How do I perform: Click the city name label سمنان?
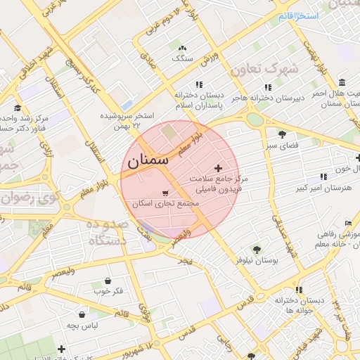coord(148,161)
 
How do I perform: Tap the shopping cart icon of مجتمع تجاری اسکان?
coord(165,192)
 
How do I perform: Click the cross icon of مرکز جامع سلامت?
coord(218,168)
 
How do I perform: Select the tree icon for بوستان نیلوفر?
coord(256,249)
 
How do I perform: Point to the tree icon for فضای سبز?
coord(282,134)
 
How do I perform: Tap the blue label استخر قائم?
coord(298,15)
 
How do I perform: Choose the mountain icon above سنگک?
coord(183,48)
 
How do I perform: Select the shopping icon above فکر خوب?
coord(107,280)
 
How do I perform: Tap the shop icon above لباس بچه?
coord(84,314)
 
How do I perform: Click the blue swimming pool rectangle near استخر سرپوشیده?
coord(127,105)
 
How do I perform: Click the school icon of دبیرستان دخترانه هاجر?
coord(267,87)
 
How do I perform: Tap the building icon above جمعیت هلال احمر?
coord(341,82)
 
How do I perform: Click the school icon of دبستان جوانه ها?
coord(300,290)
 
